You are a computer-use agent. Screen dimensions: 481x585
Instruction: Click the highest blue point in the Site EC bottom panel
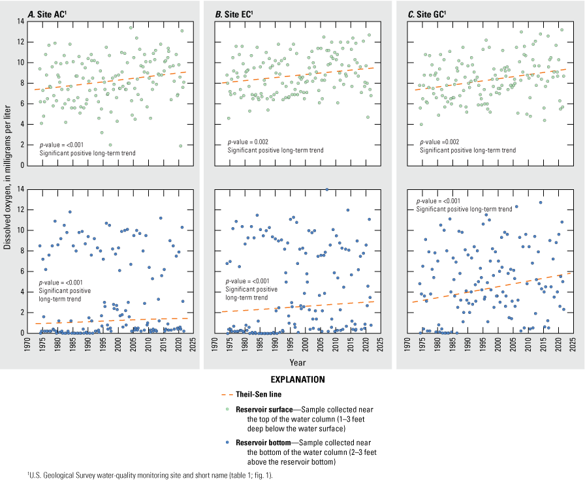tap(326, 189)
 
